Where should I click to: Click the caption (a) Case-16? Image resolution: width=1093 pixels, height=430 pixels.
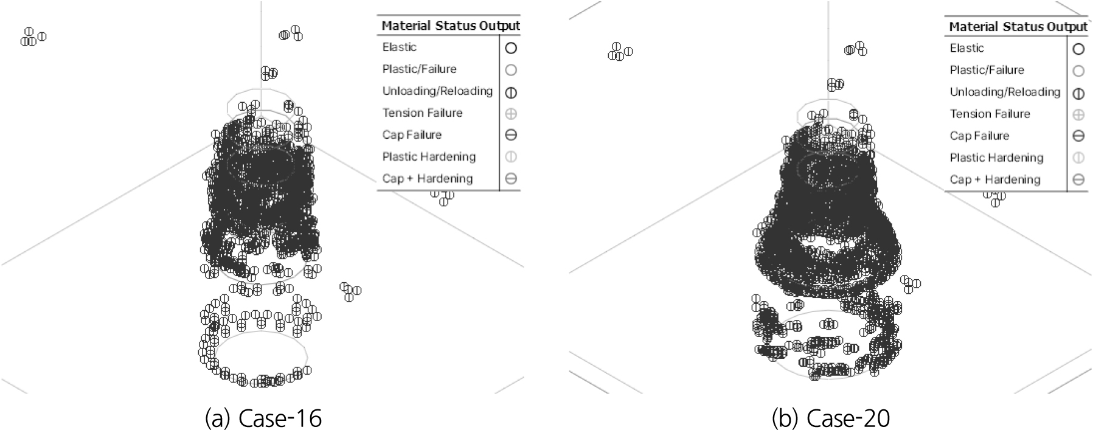263,418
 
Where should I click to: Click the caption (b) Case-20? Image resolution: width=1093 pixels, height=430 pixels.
831,418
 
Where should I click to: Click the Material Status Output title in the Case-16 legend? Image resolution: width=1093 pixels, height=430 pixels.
451,26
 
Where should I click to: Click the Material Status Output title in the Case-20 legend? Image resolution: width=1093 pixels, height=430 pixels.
1018,27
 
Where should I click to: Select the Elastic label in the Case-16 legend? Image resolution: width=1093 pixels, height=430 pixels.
400,47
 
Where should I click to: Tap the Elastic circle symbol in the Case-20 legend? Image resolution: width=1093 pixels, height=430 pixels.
1078,49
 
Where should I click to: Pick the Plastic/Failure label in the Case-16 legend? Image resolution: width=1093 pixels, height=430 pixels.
419,69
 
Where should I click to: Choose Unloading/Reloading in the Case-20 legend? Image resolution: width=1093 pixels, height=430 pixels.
1005,92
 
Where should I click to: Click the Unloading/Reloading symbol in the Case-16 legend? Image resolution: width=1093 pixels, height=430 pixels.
511,92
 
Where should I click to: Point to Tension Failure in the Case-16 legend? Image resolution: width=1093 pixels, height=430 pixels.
422,113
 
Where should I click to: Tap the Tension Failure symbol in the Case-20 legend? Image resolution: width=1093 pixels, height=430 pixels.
1078,115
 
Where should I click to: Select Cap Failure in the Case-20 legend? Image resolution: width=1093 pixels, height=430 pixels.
979,136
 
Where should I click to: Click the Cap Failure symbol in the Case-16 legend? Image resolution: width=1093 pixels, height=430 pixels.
511,135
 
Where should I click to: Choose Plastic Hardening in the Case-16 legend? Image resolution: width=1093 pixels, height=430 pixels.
429,156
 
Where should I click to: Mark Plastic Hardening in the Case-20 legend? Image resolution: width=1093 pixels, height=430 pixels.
996,158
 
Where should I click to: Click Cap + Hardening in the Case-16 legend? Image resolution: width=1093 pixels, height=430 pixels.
428,178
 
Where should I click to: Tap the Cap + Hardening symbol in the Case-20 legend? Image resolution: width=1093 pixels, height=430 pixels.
1078,180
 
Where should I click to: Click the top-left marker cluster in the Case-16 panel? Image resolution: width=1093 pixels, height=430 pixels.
33,37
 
